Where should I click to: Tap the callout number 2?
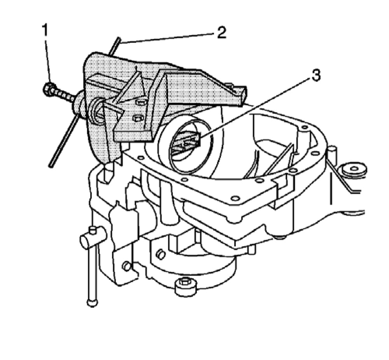pyautogui.click(x=221, y=33)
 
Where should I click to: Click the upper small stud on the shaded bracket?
pyautogui.click(x=140, y=102)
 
